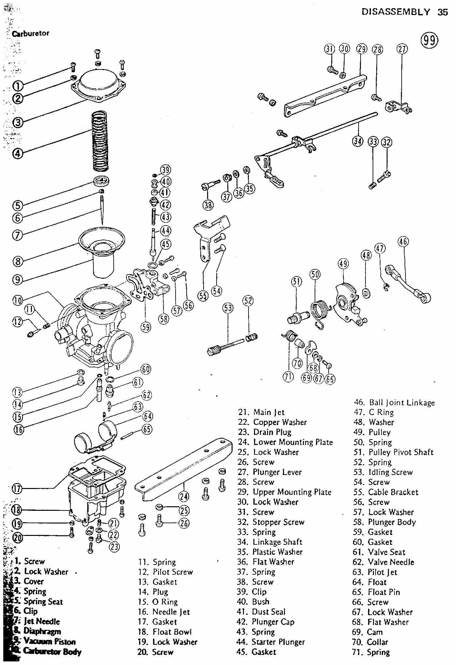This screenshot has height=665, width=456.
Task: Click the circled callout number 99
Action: tap(430, 40)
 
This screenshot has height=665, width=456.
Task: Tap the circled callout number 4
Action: tap(18, 153)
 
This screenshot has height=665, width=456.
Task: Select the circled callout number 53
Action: tap(228, 308)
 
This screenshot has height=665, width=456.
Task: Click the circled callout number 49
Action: tap(343, 263)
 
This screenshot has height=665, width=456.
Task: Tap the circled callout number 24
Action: tap(183, 496)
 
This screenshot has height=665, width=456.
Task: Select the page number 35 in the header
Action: tap(443, 12)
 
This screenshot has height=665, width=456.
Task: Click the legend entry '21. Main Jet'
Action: tap(261, 412)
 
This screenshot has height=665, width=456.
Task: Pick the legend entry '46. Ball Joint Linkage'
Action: tap(394, 403)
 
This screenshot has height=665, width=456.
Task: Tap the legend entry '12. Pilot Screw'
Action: tap(165, 572)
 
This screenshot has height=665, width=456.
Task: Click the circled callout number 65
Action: tap(147, 429)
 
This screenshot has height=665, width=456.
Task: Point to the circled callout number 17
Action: tap(17, 489)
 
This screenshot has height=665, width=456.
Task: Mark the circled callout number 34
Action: tap(358, 141)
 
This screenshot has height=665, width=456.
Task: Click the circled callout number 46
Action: tap(403, 242)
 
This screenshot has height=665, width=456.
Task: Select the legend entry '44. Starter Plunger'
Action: tap(271, 642)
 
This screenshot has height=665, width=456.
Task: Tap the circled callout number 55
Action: tap(203, 296)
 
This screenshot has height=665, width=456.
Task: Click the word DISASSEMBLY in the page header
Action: tap(395, 12)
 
